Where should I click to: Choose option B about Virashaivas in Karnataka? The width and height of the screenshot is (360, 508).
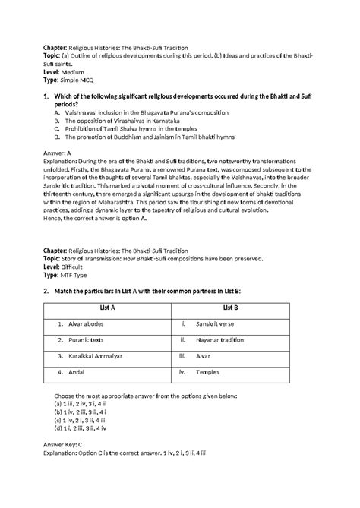pyautogui.click(x=122, y=121)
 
